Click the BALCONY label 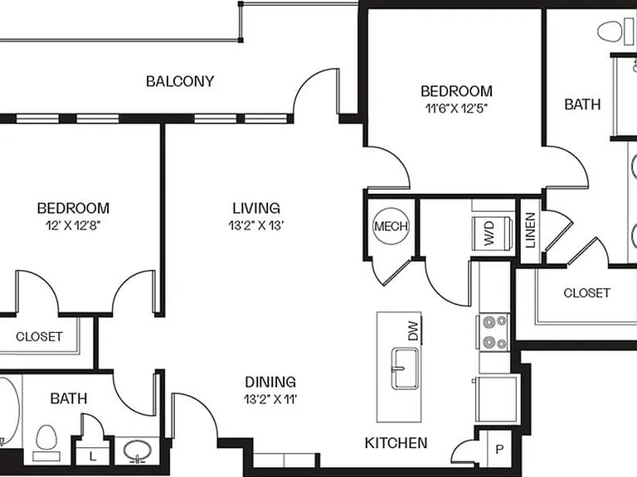[x=180, y=81]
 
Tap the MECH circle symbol [x=391, y=226]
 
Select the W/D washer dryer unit [x=490, y=234]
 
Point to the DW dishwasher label [x=413, y=330]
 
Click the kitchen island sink [x=405, y=368]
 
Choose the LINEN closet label [x=531, y=230]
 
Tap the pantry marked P [x=499, y=449]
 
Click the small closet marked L [x=93, y=456]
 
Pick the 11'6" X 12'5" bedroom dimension [x=456, y=108]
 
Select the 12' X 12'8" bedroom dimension [x=73, y=225]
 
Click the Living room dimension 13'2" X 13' [x=256, y=225]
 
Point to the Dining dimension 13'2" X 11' [x=270, y=399]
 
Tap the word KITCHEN [x=396, y=443]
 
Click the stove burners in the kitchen [x=494, y=332]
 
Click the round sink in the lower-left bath [x=138, y=450]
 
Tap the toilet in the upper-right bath [x=610, y=32]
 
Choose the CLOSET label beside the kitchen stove [x=586, y=293]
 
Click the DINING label [x=270, y=382]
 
